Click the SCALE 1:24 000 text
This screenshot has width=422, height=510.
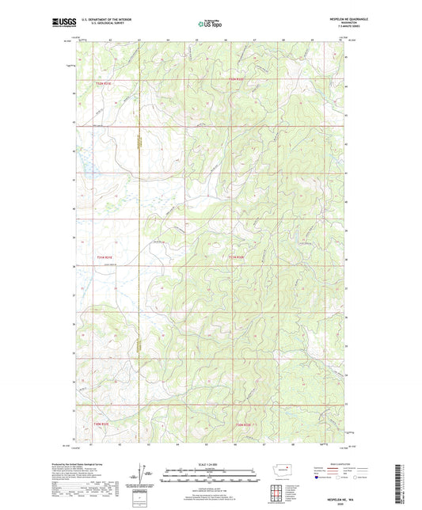pos(211,463)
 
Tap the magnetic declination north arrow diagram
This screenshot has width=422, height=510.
pos(146,474)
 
